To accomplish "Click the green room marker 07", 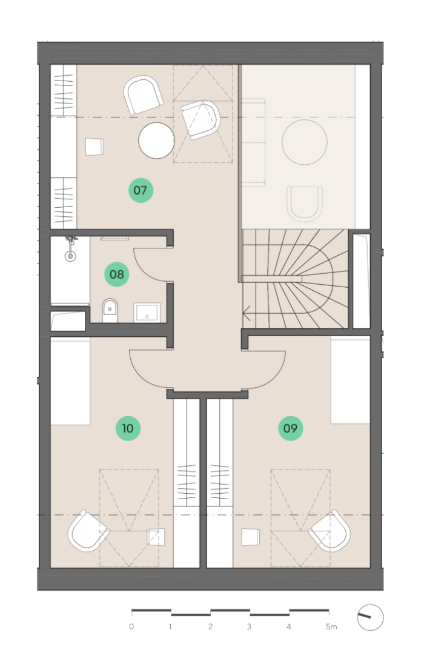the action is [x=141, y=190].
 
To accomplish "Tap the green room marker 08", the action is [x=117, y=274].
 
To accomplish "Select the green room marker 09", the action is [x=291, y=428].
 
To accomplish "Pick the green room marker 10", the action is [x=128, y=428].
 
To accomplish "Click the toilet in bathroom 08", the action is [x=110, y=310].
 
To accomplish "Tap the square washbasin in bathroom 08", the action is [x=147, y=312].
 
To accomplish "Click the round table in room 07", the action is [x=156, y=141].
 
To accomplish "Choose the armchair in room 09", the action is [x=330, y=531].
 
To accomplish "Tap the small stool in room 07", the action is [x=94, y=147].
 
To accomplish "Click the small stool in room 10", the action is [x=156, y=537].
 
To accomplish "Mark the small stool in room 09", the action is [x=250, y=537].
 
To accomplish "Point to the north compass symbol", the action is [x=370, y=617].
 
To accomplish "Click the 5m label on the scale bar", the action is [x=331, y=626].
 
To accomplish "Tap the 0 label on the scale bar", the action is [x=131, y=626].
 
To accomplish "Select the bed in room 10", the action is [x=70, y=381].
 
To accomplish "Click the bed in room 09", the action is [x=350, y=380].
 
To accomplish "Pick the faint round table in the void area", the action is [x=305, y=142].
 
